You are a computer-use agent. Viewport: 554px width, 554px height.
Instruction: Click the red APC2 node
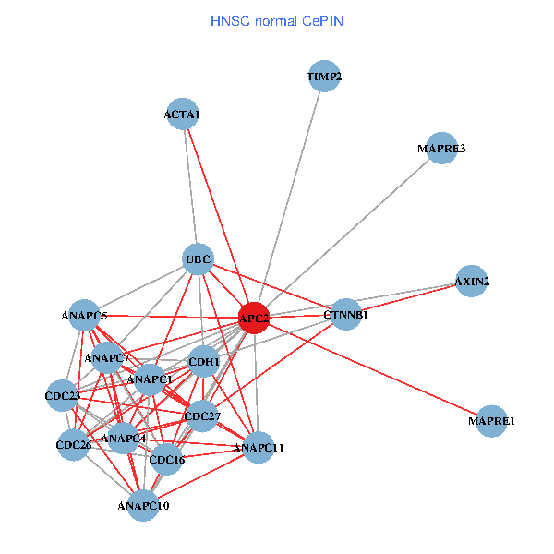(x=254, y=318)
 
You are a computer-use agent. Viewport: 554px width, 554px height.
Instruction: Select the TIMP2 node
(x=324, y=78)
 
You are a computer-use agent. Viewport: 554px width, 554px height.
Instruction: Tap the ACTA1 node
(x=183, y=114)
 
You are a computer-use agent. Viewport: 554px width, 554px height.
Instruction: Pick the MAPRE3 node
(x=441, y=149)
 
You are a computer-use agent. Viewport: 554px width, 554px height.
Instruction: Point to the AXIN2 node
(x=472, y=281)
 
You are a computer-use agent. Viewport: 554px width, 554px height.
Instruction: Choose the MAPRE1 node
(x=492, y=421)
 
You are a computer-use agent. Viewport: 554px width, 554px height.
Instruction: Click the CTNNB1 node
(x=346, y=315)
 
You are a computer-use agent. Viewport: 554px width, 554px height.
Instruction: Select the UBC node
(x=199, y=259)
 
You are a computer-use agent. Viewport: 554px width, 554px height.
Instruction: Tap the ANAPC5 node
(x=85, y=316)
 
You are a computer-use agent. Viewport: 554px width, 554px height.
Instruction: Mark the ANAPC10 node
(x=143, y=505)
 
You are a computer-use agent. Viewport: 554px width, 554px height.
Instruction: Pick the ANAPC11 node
(x=259, y=448)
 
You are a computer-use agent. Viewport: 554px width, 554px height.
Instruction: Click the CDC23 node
(x=63, y=397)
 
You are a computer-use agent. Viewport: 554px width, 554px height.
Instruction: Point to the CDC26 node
(x=73, y=445)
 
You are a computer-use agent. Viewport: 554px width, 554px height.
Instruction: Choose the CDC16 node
(x=167, y=459)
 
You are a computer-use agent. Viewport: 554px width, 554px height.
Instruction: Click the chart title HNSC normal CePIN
(x=277, y=20)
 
